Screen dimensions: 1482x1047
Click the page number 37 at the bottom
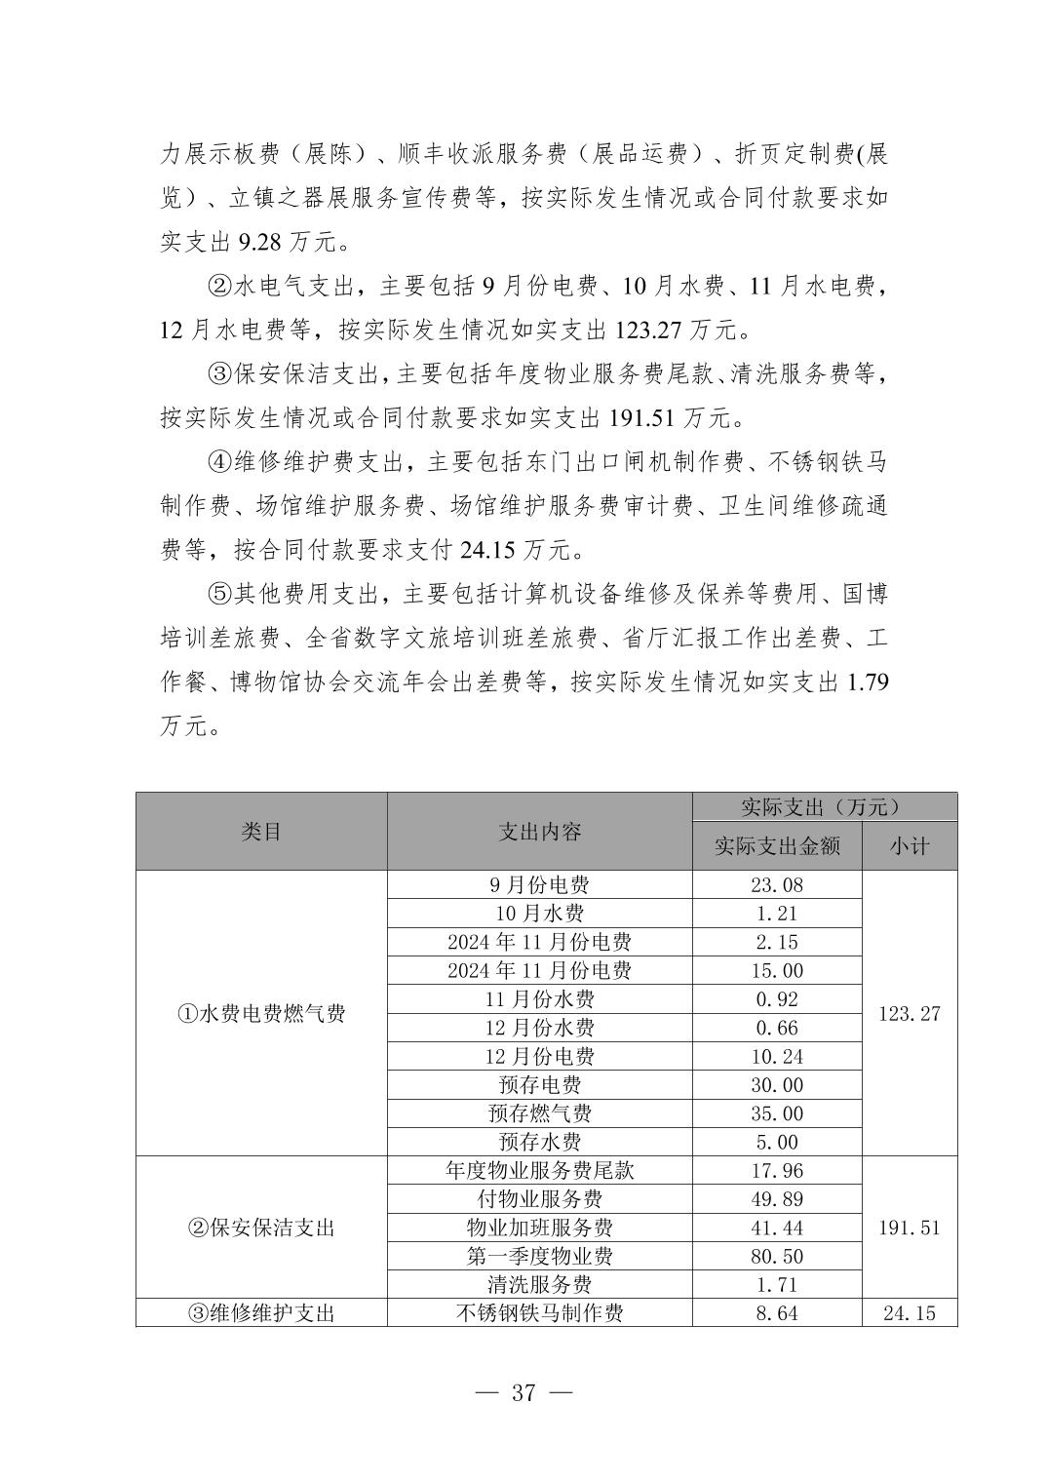point(523,1392)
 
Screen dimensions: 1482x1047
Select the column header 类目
point(261,832)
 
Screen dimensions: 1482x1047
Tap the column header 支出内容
point(540,832)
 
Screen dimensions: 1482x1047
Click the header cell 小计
point(909,846)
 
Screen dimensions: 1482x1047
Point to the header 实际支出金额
point(777,846)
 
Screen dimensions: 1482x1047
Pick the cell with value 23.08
point(777,885)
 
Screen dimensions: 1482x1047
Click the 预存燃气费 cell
point(540,1113)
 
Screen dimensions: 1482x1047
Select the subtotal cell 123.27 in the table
point(909,1014)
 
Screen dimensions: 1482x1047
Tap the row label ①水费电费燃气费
point(261,1014)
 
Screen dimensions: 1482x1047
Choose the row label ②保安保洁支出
point(261,1228)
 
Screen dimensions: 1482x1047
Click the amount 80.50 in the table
point(777,1257)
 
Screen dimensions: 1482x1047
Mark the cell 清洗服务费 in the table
point(540,1285)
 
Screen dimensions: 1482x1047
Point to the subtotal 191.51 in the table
point(909,1228)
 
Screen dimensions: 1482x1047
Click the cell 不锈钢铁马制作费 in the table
point(540,1313)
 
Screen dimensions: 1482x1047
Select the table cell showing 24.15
point(909,1313)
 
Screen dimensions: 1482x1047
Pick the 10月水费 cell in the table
point(540,914)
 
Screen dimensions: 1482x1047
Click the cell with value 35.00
point(777,1113)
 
